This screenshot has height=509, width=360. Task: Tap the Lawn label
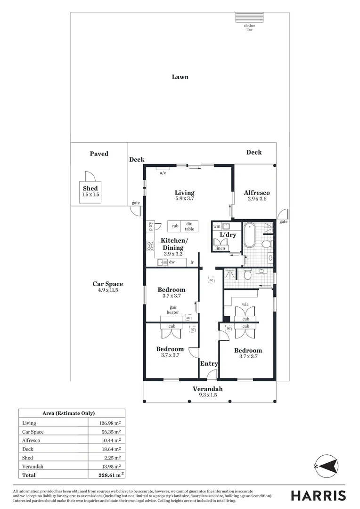180,77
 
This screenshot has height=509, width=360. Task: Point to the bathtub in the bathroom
249,236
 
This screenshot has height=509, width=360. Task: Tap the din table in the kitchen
189,226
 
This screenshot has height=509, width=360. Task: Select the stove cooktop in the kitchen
151,245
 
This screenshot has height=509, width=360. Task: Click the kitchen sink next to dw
162,263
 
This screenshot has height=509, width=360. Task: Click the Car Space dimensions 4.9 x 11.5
107,290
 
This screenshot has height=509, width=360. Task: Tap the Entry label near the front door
209,364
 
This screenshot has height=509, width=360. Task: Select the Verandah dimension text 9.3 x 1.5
207,396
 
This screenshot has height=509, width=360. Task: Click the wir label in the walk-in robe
245,304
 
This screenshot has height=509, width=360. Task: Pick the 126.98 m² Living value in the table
107,423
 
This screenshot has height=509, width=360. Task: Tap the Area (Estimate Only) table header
72,413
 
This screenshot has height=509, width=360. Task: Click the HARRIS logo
318,495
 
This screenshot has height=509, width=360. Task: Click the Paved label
99,154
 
